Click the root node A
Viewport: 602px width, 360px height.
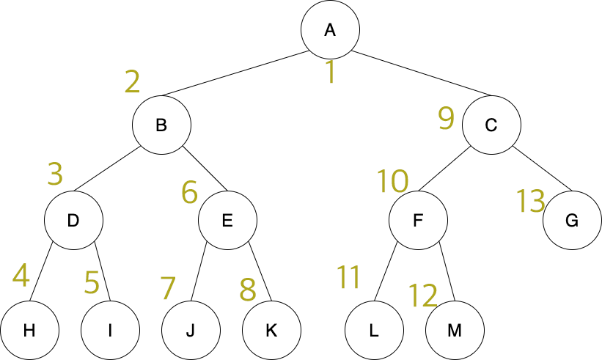[x=330, y=29]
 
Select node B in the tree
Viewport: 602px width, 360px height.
[x=161, y=125]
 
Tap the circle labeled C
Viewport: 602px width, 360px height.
[x=491, y=125]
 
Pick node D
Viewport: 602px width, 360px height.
[x=73, y=220]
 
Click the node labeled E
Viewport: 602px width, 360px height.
[x=227, y=220]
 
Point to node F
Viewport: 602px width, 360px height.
[x=418, y=220]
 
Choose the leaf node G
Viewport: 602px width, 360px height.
[x=572, y=220]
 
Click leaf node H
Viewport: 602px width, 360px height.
[x=29, y=330]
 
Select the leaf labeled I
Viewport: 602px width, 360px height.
[x=110, y=330]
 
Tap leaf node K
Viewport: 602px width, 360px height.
[x=271, y=330]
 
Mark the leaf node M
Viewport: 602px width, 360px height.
[x=455, y=330]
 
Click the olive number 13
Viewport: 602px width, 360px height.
[x=530, y=200]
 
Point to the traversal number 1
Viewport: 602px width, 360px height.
[x=330, y=73]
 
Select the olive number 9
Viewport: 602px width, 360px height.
[x=446, y=118]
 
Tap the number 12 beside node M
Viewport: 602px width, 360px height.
[x=422, y=295]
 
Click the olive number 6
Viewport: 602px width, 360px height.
[x=189, y=193]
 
